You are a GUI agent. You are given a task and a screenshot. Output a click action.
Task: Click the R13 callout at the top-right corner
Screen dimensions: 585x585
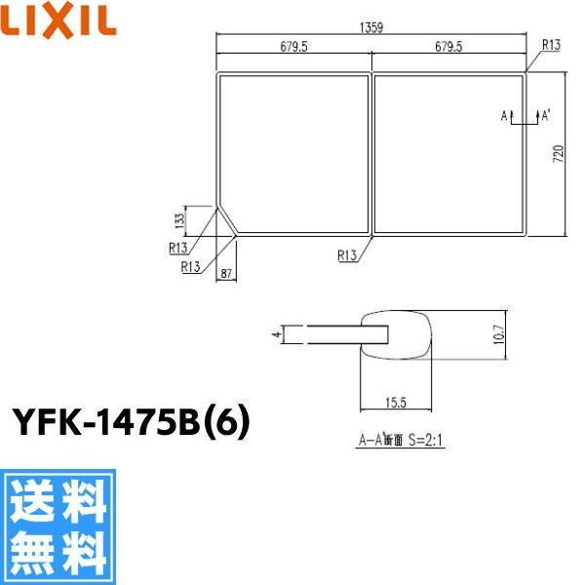[x=549, y=44]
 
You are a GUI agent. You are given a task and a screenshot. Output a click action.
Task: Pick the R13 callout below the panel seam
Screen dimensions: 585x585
[x=346, y=255]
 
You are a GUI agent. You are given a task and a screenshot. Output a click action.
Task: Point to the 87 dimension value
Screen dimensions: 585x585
[x=226, y=274]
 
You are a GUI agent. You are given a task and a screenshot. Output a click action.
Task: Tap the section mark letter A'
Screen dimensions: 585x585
[x=546, y=116]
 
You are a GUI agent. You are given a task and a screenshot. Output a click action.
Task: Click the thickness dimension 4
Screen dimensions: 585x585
[x=277, y=334]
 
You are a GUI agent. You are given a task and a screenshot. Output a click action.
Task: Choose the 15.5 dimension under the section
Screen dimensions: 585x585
[x=395, y=401]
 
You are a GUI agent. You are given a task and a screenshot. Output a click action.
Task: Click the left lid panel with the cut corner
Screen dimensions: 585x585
[x=292, y=151]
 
